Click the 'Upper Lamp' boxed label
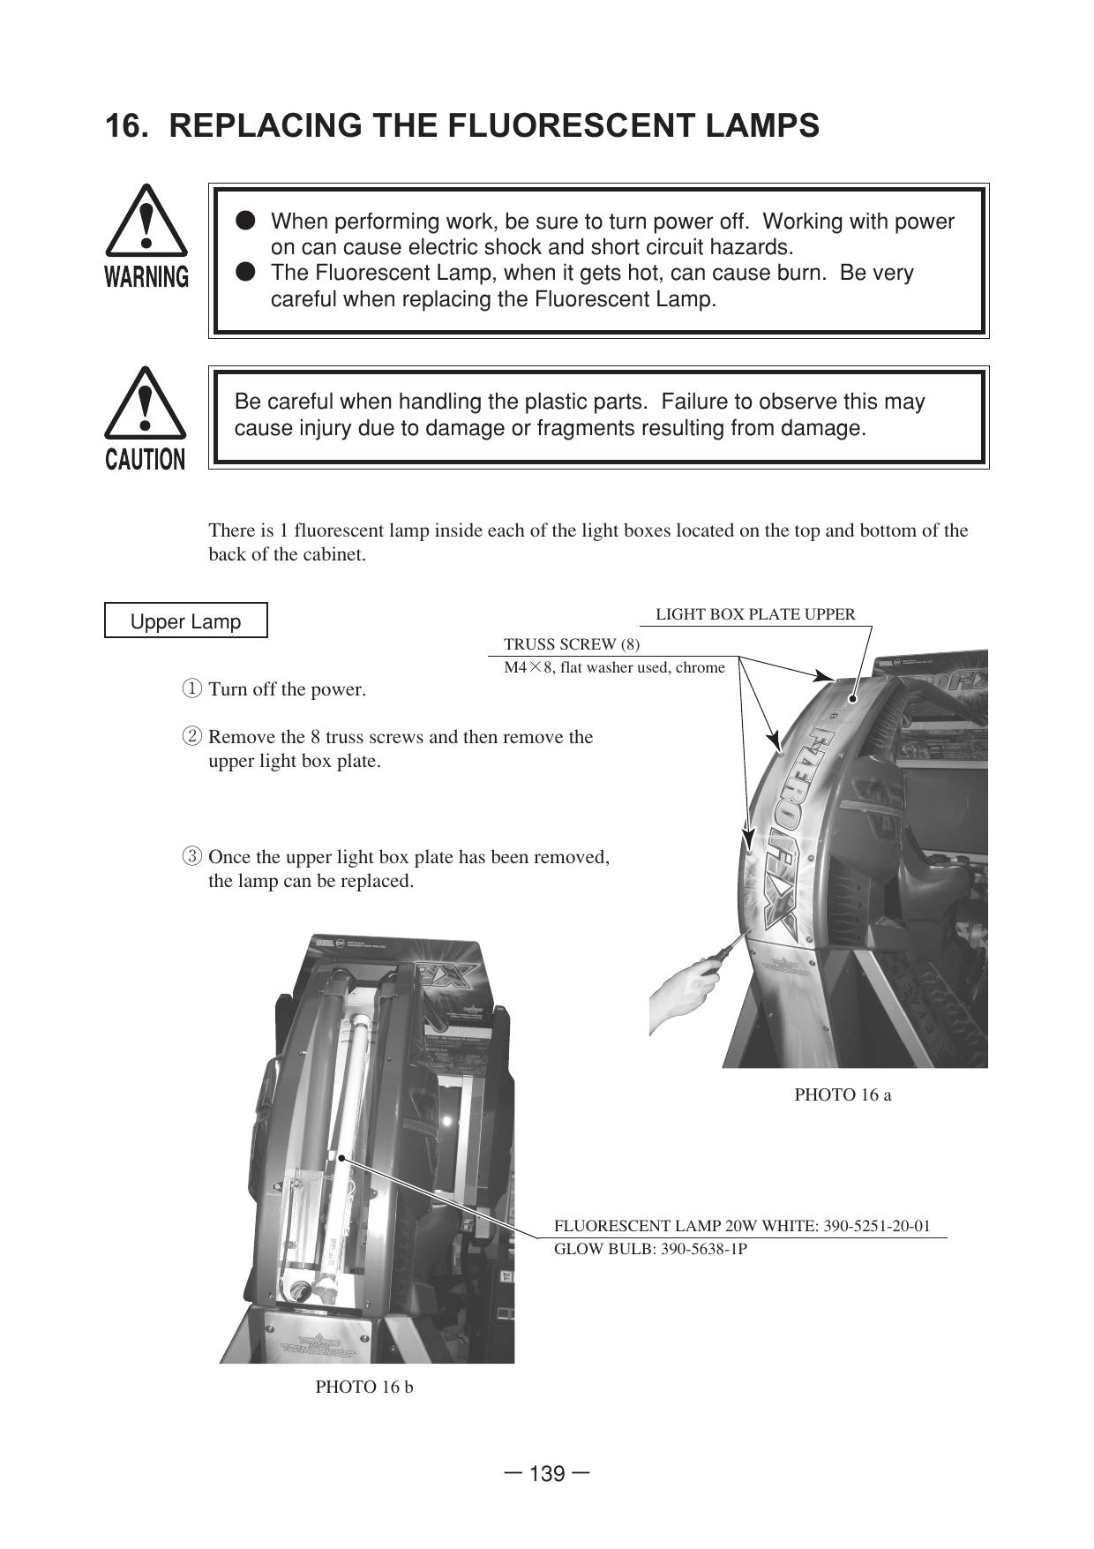click(185, 621)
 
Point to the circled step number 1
click(191, 689)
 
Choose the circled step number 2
click(191, 737)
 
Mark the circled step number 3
click(191, 857)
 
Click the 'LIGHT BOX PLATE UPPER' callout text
click(755, 614)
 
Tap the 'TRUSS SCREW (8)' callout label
click(572, 644)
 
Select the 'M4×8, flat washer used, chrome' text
click(614, 668)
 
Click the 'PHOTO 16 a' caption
click(843, 1095)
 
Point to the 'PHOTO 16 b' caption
click(364, 1387)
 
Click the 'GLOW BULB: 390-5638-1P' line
click(650, 1249)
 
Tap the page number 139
click(547, 1474)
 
